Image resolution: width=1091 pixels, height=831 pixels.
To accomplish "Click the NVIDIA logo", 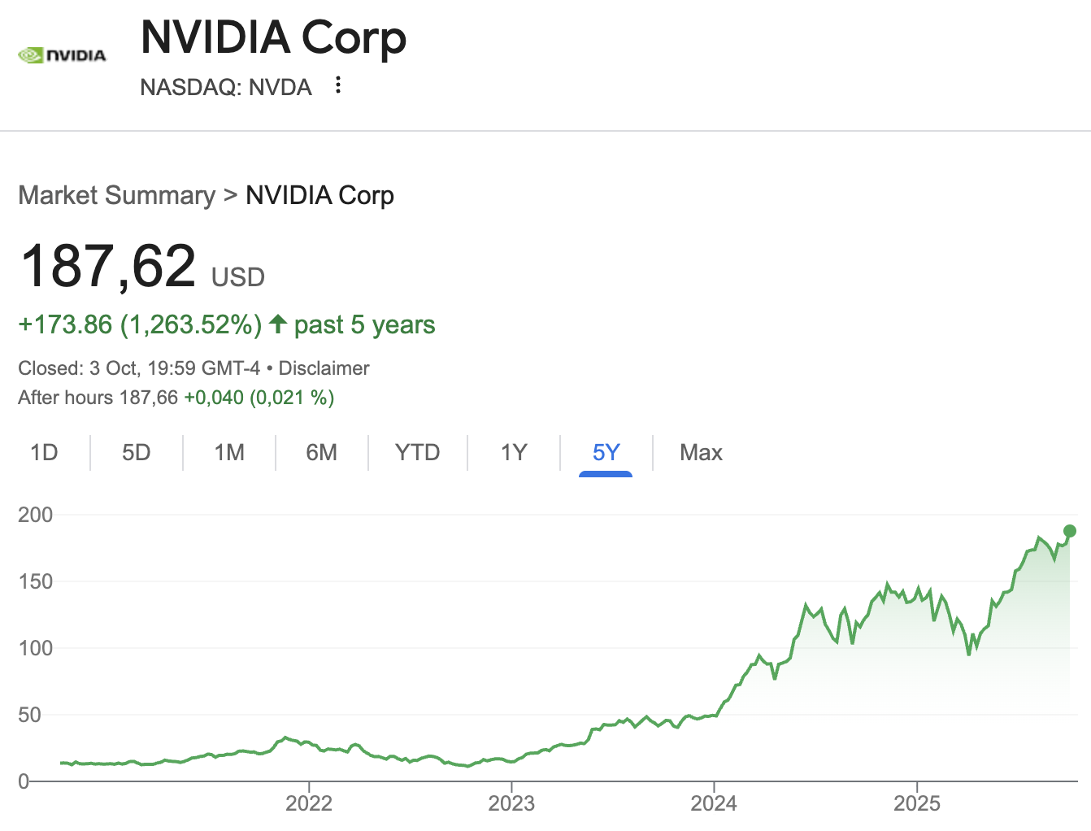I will point(62,55).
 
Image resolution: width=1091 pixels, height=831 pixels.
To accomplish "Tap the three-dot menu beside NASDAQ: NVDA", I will point(338,85).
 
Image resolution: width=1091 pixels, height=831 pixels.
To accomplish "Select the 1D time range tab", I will point(44,452).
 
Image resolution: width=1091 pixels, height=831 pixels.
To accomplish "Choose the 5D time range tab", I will point(137,452).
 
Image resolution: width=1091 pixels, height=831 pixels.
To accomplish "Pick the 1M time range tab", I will point(229,452).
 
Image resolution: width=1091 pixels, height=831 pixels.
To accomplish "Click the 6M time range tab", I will point(322,452).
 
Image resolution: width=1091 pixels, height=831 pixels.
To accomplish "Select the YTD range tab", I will point(417,452).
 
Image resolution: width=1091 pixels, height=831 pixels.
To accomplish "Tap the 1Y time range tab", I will point(514,452).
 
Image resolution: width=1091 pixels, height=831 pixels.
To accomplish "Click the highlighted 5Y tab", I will point(606,452).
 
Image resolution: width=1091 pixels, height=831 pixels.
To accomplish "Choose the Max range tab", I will point(701,452).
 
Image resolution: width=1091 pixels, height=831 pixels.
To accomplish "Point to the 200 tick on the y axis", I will point(35,515).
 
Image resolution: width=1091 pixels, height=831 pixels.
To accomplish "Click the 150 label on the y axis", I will point(35,581).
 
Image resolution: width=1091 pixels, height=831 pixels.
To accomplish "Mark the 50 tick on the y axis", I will point(29,715).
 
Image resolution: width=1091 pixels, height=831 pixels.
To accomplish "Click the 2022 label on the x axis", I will point(309,803).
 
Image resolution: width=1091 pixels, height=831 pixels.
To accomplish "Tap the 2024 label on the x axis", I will point(714,803).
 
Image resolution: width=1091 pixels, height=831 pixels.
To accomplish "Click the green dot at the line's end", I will point(1070,531).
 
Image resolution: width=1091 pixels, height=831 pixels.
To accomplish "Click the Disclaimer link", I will point(324,368).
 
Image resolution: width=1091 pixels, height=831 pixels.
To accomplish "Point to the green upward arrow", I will point(278,324).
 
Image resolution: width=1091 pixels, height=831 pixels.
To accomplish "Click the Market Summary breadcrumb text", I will point(116,195).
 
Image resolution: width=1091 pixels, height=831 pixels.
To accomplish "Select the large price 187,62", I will point(108,267).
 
